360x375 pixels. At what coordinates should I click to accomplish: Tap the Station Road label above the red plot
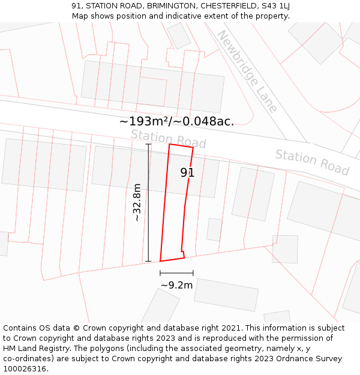[x=168, y=139]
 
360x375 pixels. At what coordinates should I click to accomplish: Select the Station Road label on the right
[x=312, y=162]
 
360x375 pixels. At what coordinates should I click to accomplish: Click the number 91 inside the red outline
[x=187, y=173]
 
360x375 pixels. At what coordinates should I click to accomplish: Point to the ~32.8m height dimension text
[x=137, y=202]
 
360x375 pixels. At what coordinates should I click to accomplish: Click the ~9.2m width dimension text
[x=176, y=285]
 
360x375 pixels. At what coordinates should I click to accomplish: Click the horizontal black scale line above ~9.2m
[x=176, y=273]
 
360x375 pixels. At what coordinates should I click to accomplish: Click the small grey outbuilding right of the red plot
[x=214, y=229]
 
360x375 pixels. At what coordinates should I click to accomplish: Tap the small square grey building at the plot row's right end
[x=285, y=249]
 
